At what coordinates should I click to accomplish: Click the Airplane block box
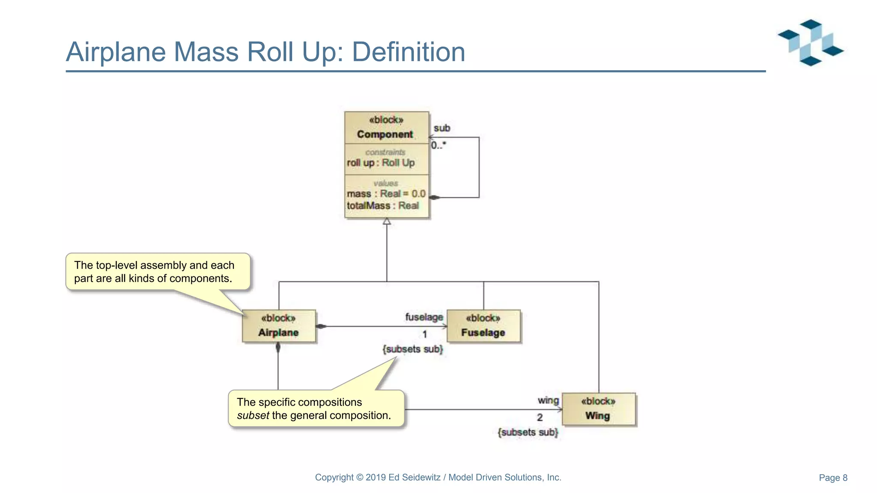[x=279, y=326]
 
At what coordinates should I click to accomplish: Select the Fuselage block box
[x=483, y=326]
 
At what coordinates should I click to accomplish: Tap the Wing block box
[x=598, y=409]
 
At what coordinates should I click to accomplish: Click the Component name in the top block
[x=385, y=134]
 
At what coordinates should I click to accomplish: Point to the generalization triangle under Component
[x=387, y=221]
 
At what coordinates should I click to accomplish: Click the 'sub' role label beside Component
[x=441, y=128]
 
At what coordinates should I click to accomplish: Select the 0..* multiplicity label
[x=438, y=146]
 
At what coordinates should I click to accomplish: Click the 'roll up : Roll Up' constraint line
[x=381, y=163]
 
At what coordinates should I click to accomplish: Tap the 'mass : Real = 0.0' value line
[x=386, y=194]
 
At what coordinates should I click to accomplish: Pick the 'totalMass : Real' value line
[x=382, y=206]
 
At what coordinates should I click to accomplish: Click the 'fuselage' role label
[x=424, y=317]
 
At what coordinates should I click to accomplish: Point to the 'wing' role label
[x=548, y=401]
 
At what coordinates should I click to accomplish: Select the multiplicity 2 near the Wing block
[x=540, y=417]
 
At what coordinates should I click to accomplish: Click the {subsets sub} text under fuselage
[x=412, y=349]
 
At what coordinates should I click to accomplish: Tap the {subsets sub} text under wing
[x=528, y=432]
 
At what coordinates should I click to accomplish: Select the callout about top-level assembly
[x=157, y=272]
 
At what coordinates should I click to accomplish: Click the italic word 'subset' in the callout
[x=253, y=416]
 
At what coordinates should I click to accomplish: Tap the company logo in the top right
[x=810, y=42]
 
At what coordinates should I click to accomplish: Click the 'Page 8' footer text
[x=832, y=478]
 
